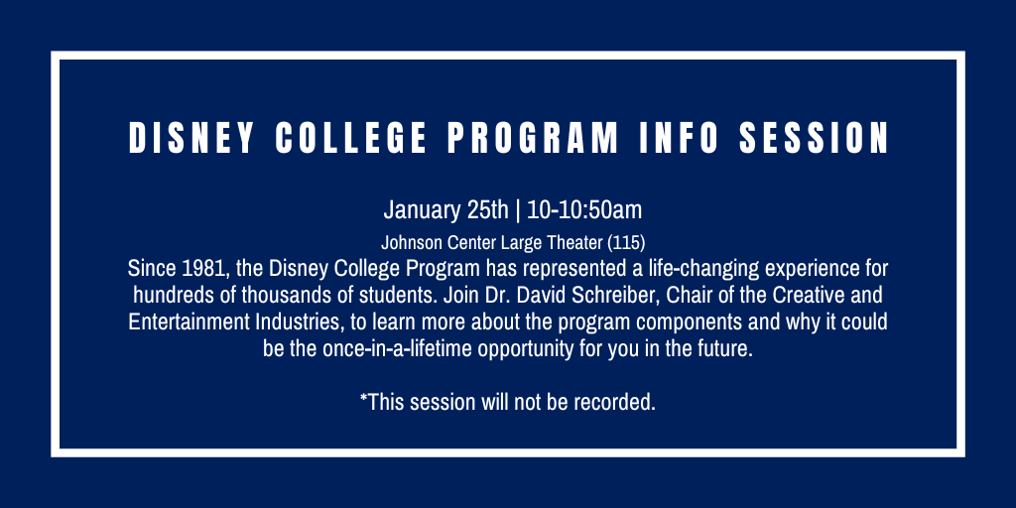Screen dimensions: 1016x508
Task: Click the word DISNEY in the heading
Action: (191, 138)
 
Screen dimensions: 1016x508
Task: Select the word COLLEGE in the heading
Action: (351, 138)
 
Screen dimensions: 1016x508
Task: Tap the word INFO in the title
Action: (679, 138)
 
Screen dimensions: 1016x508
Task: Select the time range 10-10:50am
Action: (584, 210)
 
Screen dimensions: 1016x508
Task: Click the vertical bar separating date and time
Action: (518, 210)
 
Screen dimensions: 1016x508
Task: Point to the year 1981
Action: (198, 268)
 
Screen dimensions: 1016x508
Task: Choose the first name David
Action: (533, 295)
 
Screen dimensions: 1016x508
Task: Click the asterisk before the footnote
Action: (364, 397)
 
